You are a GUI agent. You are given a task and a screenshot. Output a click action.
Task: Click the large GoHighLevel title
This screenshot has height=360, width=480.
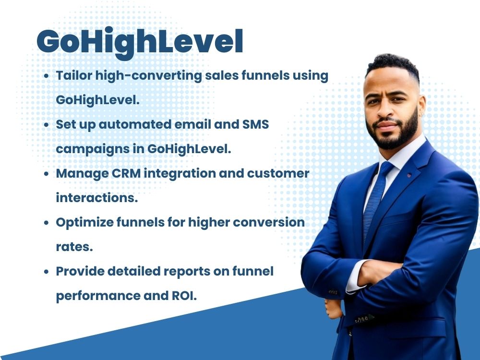(x=140, y=42)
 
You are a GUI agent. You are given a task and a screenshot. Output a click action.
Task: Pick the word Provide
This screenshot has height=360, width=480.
(x=80, y=271)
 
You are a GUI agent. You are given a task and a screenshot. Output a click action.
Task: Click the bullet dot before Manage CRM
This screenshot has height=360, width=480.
(x=46, y=174)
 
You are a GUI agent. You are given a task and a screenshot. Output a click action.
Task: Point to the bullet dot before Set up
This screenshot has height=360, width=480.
(x=46, y=124)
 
